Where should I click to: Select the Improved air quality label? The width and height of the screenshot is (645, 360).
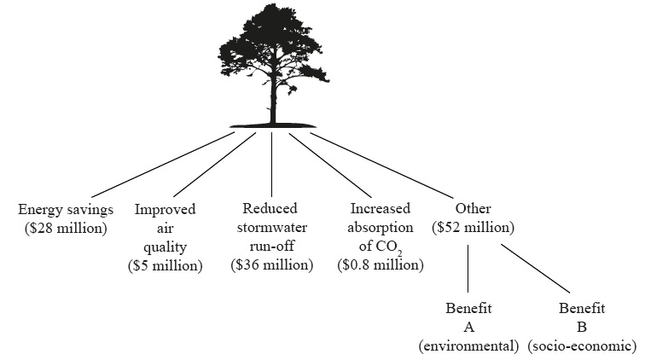(x=166, y=228)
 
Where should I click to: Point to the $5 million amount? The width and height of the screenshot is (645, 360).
(x=166, y=265)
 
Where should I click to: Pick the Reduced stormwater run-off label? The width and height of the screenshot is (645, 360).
(x=272, y=228)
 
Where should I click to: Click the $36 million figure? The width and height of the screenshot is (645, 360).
(x=272, y=265)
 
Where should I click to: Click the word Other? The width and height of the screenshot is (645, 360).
(x=473, y=210)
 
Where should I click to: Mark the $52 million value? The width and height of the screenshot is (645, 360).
(x=473, y=228)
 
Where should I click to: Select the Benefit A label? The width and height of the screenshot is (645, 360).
(x=468, y=317)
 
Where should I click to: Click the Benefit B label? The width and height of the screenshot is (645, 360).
(x=582, y=317)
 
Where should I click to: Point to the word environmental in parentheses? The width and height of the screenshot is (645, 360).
(x=468, y=346)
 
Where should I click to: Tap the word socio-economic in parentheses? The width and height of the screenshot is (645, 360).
(x=582, y=346)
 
